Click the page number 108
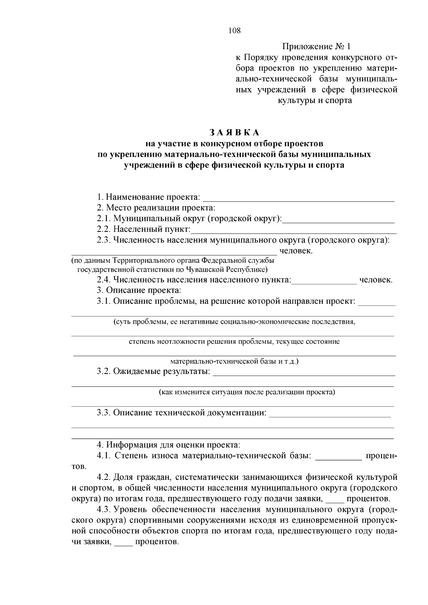pyautogui.click(x=234, y=31)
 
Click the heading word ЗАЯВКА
pyautogui.click(x=234, y=133)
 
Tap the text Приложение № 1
pyautogui.click(x=316, y=47)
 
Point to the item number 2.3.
pyautogui.click(x=104, y=240)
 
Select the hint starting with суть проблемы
pyautogui.click(x=234, y=322)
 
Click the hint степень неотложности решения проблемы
pyautogui.click(x=234, y=342)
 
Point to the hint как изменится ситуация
pyautogui.click(x=247, y=392)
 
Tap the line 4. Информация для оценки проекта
pyautogui.click(x=169, y=445)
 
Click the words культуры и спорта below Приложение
pyautogui.click(x=315, y=101)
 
